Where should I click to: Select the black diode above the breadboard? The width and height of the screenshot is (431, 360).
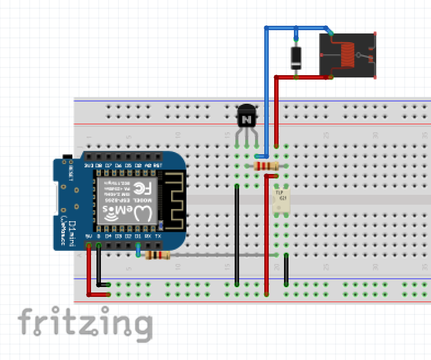point(296,57)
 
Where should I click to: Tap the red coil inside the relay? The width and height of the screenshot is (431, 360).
point(347,55)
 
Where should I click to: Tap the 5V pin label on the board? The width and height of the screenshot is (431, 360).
point(88,236)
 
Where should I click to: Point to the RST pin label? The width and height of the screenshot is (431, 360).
point(158,165)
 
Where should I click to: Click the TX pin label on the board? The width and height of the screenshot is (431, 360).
point(158,236)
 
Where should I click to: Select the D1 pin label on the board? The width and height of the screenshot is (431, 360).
point(138,236)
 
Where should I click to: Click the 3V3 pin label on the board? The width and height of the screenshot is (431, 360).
point(88,165)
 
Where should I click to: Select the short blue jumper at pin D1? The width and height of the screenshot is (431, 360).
point(138,251)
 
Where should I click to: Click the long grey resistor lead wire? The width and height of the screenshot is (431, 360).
point(219,255)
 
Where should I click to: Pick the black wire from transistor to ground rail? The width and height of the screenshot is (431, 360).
point(237,236)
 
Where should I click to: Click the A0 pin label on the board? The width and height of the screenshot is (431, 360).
point(148,165)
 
